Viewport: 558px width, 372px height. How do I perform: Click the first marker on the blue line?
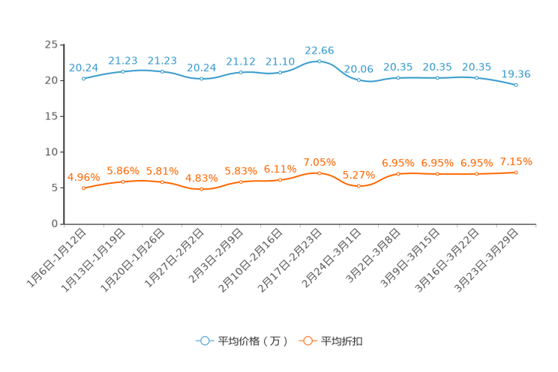(x=82, y=78)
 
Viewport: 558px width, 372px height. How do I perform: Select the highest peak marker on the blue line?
(x=319, y=61)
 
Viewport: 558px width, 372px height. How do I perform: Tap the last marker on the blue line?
(x=516, y=85)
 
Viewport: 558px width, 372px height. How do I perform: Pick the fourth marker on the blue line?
(x=201, y=78)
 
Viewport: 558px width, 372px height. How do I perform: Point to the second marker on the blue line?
(x=122, y=71)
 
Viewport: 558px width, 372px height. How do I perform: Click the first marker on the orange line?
(x=82, y=188)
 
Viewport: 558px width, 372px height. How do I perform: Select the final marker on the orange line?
(x=516, y=172)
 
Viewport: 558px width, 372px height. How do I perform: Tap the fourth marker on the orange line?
(x=201, y=190)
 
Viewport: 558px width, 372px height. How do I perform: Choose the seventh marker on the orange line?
(x=319, y=172)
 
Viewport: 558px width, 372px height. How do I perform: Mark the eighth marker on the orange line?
(x=358, y=185)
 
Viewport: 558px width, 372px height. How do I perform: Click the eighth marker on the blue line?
(x=358, y=78)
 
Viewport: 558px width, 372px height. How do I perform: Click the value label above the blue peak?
(x=319, y=49)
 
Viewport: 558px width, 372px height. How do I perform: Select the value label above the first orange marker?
(x=82, y=177)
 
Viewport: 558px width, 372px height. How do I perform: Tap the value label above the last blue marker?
(x=516, y=73)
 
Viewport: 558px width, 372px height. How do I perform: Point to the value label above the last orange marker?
(x=516, y=161)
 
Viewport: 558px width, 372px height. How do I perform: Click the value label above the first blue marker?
(x=82, y=67)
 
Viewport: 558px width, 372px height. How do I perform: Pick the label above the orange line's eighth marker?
(x=358, y=175)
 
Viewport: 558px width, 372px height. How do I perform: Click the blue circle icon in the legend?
(x=204, y=340)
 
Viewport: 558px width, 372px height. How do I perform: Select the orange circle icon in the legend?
(x=307, y=340)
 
